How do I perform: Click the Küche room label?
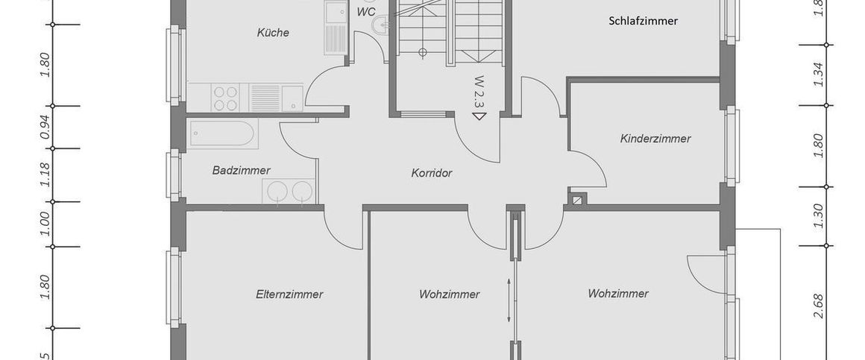(x=273, y=33)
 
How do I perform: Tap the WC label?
(x=366, y=12)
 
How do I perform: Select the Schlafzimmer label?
(x=643, y=21)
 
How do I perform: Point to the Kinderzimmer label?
(x=655, y=139)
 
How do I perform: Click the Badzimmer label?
(x=241, y=171)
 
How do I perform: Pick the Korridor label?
(x=432, y=173)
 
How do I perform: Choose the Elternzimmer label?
(x=289, y=294)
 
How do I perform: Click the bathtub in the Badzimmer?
(x=222, y=133)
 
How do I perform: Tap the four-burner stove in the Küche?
(x=225, y=98)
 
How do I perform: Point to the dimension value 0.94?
(x=45, y=127)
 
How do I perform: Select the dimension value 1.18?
(x=45, y=174)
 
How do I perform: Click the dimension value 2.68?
(x=818, y=306)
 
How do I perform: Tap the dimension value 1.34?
(x=818, y=74)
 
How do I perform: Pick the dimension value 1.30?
(x=818, y=215)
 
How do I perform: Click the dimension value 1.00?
(x=45, y=223)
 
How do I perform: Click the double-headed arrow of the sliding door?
(x=509, y=300)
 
